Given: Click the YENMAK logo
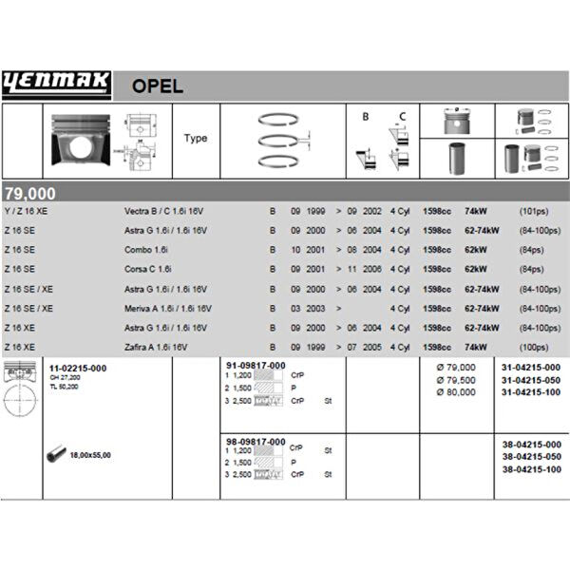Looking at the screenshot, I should pos(57,85).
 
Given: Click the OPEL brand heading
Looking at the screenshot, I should pos(156,87).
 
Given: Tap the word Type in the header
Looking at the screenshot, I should pos(196,138).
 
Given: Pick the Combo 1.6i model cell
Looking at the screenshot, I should pos(146,249).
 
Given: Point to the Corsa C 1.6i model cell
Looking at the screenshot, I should pos(147,269).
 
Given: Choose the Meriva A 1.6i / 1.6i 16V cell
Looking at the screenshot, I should pos(168,309).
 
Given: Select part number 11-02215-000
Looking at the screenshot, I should pos(78,367).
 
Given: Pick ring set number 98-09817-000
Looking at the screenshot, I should pos(256,443).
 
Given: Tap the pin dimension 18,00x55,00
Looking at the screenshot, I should pos(90,455).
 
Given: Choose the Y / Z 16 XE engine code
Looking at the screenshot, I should pos(26,210).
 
